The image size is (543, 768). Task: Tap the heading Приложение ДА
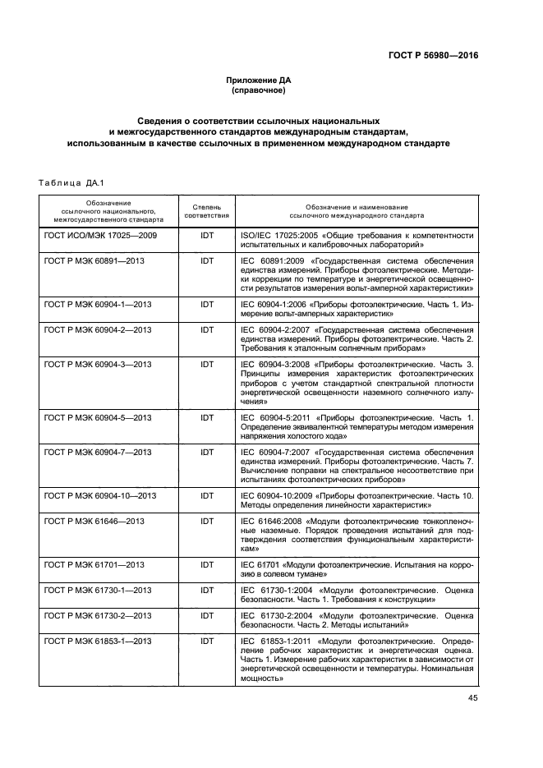tap(259, 80)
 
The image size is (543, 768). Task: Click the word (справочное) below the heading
tap(259, 90)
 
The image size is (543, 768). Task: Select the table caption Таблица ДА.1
tap(68, 182)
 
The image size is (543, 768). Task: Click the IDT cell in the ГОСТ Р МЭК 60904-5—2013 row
tap(207, 418)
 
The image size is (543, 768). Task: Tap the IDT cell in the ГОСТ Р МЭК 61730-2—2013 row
tap(207, 615)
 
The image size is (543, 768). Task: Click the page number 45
tap(472, 698)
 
